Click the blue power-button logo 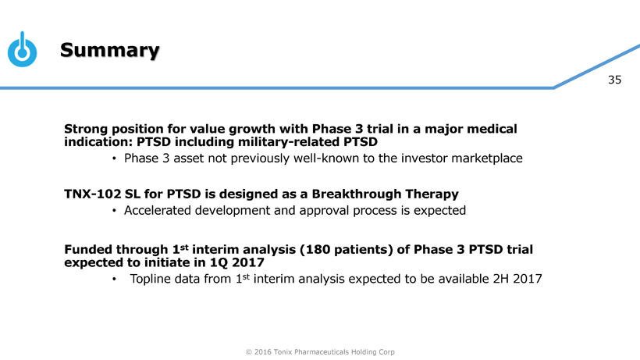tap(22, 49)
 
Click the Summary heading tap(110, 50)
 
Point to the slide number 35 tap(614, 80)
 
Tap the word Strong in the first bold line tap(86, 129)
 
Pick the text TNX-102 tap(93, 194)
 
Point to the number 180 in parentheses tap(318, 249)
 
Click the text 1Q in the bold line tap(219, 262)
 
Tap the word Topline tap(150, 279)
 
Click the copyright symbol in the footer tap(248, 352)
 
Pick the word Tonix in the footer tap(283, 352)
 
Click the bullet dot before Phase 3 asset tap(114, 159)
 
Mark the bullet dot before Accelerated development tap(114, 211)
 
